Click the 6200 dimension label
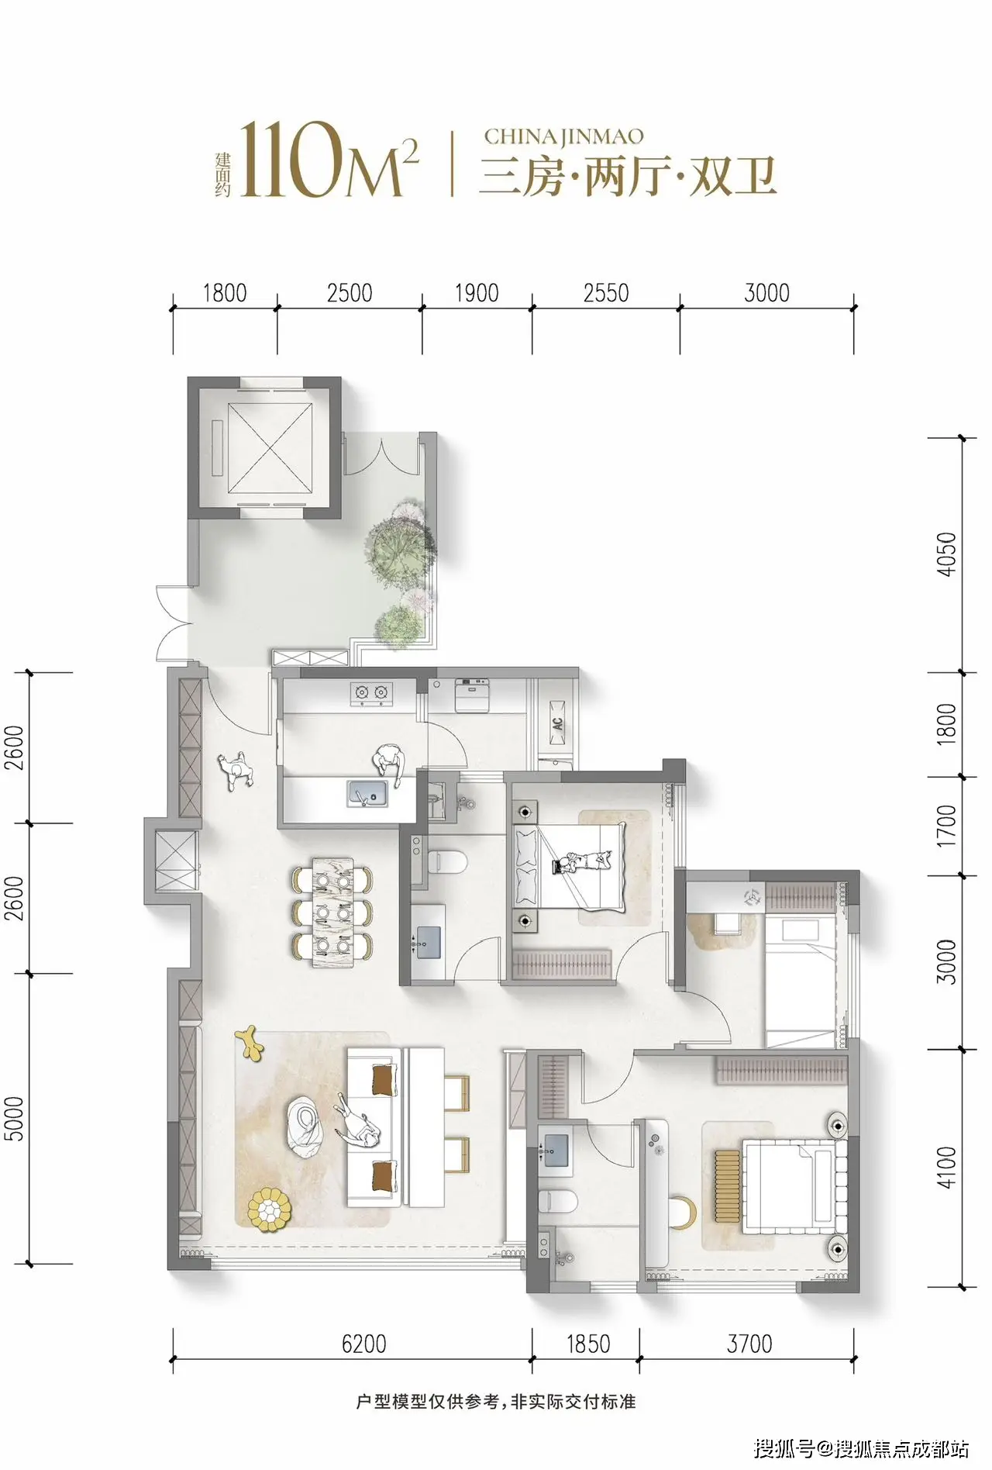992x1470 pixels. [363, 1344]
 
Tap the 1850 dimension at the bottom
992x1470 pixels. [588, 1344]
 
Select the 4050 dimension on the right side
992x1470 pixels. [946, 554]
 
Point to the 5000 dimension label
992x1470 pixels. [14, 1118]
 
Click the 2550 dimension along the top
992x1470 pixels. [606, 293]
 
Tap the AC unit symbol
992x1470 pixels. [557, 723]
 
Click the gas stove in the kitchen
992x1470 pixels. [370, 693]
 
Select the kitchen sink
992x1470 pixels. [367, 793]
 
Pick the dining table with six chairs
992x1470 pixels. [332, 912]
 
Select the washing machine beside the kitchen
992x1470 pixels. [472, 695]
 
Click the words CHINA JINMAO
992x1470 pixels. [563, 136]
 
